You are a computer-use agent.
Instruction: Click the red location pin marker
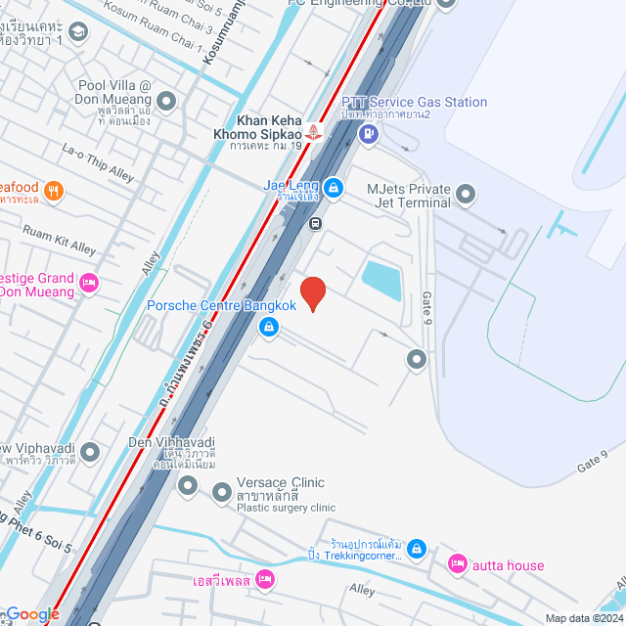312,293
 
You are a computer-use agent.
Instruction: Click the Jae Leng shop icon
334,187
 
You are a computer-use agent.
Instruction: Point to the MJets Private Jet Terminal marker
466,195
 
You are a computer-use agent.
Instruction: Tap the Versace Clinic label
281,483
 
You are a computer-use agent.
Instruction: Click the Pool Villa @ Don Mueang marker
166,100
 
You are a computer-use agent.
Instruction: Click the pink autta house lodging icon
457,563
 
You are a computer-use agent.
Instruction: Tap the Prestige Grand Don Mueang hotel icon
89,284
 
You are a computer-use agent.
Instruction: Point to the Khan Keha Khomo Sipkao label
258,127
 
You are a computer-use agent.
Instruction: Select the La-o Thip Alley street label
98,160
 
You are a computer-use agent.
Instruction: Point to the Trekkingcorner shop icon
418,549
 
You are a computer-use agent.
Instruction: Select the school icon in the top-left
77,33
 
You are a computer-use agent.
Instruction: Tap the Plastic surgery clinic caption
286,508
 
